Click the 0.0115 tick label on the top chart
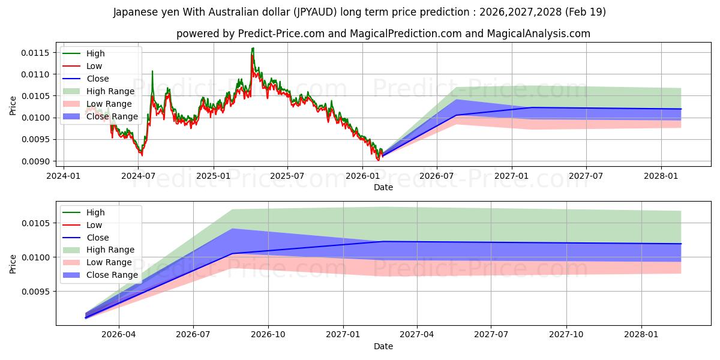click(x=35, y=53)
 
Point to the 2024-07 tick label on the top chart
click(x=138, y=176)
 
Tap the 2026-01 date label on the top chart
click(x=362, y=176)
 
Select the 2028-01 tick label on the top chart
click(x=661, y=176)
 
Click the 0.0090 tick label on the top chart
click(x=35, y=161)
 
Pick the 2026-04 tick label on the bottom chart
click(x=119, y=335)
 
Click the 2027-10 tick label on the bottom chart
click(x=566, y=335)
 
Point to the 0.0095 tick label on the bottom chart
click(x=35, y=292)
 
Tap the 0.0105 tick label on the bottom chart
click(x=35, y=223)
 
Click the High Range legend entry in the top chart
click(x=110, y=91)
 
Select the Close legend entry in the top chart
click(x=98, y=79)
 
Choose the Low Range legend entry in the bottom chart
click(x=109, y=262)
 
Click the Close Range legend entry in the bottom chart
click(x=112, y=275)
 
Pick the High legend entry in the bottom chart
click(x=95, y=212)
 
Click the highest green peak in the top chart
click(x=253, y=48)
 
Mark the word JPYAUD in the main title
click(x=315, y=12)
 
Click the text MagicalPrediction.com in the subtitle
click(x=406, y=34)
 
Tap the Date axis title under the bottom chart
click(x=383, y=346)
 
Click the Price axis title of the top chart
click(x=13, y=106)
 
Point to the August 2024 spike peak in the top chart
click(x=152, y=71)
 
